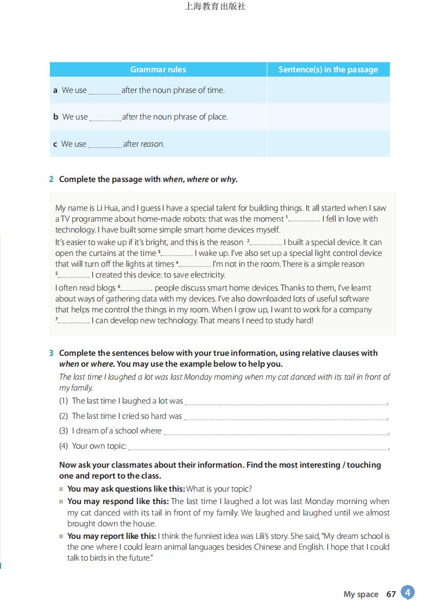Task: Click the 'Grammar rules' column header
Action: point(158,70)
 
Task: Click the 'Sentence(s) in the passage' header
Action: point(328,70)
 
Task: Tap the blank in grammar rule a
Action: point(104,91)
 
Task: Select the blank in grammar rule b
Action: point(105,118)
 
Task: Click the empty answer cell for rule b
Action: point(328,117)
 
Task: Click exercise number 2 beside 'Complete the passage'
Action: point(52,179)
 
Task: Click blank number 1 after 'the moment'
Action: point(304,220)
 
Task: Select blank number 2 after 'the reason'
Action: point(266,243)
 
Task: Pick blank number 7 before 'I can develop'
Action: point(74,322)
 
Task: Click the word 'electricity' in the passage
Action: point(208,275)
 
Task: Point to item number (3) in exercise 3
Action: point(64,431)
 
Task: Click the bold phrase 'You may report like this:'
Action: point(112,536)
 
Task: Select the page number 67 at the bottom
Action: point(391,594)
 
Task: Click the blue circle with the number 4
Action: point(408,592)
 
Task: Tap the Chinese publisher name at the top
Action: point(215,7)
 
